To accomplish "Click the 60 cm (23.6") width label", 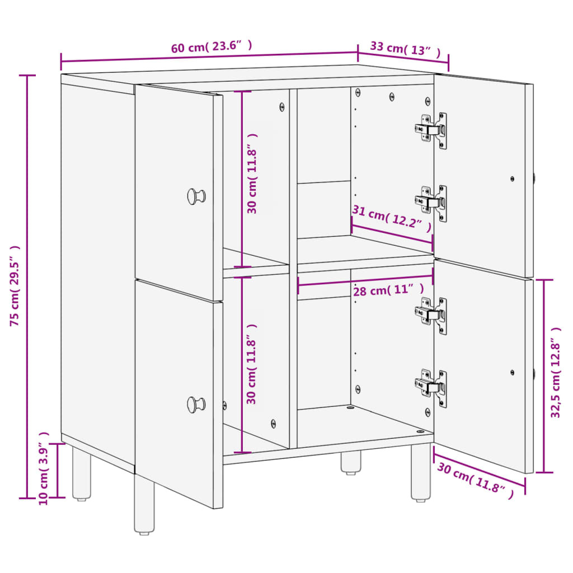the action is pyautogui.click(x=212, y=46).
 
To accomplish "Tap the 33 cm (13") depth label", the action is pyautogui.click(x=405, y=49).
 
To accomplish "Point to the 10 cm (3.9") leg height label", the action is pyautogui.click(x=44, y=468).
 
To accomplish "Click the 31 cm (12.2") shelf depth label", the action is pyautogui.click(x=392, y=219).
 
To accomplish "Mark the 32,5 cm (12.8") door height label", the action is pyautogui.click(x=556, y=372).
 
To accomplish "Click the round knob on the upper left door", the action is pyautogui.click(x=196, y=196).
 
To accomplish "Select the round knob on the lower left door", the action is pyautogui.click(x=196, y=405).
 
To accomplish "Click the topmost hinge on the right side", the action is pyautogui.click(x=431, y=130).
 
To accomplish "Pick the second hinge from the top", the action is pyautogui.click(x=431, y=203).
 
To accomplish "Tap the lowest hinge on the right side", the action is pyautogui.click(x=431, y=388).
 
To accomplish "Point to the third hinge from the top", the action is pyautogui.click(x=431, y=316).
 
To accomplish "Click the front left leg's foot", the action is pyautogui.click(x=144, y=533).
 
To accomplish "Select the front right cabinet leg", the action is pyautogui.click(x=421, y=472).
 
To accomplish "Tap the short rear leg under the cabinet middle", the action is pyautogui.click(x=351, y=462).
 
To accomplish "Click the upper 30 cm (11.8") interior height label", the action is pyautogui.click(x=252, y=173).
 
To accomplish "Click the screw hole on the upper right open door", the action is pyautogui.click(x=512, y=179).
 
